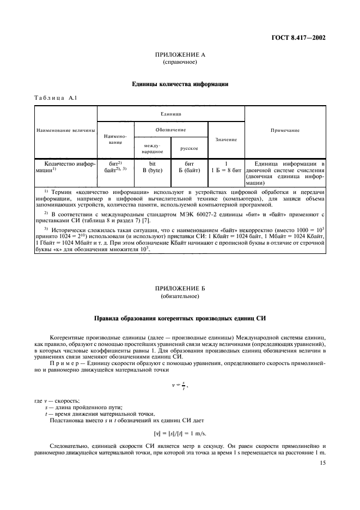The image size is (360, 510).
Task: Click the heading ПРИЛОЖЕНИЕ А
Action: click(180, 55)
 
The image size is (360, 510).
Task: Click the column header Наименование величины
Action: click(66, 131)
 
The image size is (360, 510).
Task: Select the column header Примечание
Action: click(285, 131)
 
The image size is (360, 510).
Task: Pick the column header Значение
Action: click(226, 139)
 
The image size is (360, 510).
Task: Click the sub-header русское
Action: click(188, 148)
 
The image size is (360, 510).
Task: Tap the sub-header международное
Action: click(152, 148)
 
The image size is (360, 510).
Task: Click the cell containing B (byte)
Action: click(152, 170)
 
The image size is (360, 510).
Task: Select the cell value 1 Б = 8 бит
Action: click(226, 170)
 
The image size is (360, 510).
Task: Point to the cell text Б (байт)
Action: click(189, 170)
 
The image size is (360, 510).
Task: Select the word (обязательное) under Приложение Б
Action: click(180, 296)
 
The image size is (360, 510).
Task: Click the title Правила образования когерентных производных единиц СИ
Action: click(180, 318)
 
